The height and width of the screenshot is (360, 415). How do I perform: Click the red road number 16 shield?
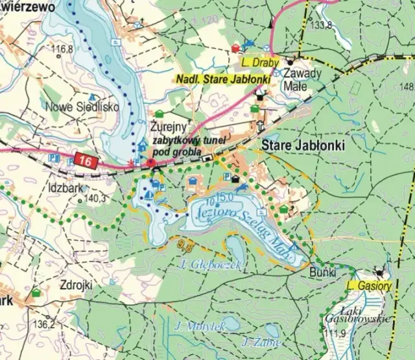pos(84,160)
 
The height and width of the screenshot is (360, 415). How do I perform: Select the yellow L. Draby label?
pos(261,63)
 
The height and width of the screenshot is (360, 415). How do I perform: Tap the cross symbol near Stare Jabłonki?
pos(260,126)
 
